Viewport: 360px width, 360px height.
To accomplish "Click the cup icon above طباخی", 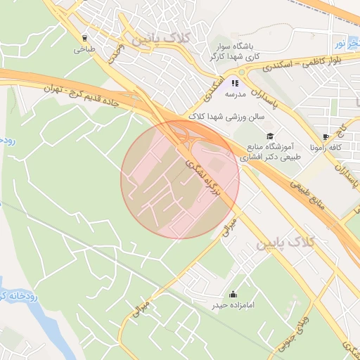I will click(85, 39).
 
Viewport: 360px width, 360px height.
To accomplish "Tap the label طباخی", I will click(84, 50).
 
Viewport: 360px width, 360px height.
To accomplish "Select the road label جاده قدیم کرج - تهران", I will click(78, 98).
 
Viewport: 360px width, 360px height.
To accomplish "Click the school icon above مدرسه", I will click(235, 82).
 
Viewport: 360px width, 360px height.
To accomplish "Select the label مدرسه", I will click(235, 94).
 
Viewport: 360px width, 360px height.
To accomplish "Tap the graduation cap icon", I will click(269, 136).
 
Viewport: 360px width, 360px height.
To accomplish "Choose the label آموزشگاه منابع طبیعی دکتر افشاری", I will click(270, 152).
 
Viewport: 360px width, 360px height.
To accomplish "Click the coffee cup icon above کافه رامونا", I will click(326, 136).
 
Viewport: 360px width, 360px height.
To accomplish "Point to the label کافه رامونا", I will click(326, 148).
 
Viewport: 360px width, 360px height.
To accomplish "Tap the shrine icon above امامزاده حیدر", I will click(233, 295).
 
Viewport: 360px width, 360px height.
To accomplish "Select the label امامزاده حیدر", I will click(233, 306).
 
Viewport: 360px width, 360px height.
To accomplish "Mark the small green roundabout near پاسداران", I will click(242, 72).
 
